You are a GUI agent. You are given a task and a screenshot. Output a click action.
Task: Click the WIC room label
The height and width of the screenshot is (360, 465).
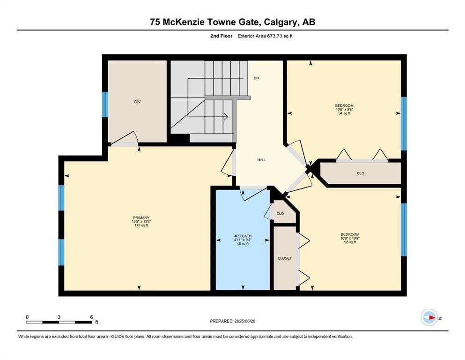tap(137, 102)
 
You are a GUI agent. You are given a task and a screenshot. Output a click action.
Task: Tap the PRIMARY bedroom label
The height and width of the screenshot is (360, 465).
tap(141, 217)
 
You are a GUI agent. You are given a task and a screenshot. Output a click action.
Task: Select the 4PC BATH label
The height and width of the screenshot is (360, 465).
tap(243, 236)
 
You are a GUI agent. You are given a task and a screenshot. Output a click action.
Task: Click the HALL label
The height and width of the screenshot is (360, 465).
tap(262, 160)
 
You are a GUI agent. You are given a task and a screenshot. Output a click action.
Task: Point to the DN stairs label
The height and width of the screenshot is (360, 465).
tap(256, 78)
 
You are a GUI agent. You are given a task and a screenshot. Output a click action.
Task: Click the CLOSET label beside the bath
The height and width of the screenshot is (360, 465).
tap(285, 258)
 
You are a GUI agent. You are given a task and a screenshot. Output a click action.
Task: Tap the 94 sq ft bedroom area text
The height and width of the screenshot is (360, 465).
tap(344, 113)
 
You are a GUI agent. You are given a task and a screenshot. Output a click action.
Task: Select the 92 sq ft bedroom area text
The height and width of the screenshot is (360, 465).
tap(350, 242)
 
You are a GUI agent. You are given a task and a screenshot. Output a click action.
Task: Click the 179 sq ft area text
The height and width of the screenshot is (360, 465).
tap(141, 225)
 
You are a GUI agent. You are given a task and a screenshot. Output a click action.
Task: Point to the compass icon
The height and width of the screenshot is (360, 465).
tap(429, 317)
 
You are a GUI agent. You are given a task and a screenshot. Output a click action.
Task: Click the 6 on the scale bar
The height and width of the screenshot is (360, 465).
tap(92, 317)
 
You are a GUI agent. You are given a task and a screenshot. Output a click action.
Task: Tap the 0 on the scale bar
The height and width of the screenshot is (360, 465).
tap(27, 317)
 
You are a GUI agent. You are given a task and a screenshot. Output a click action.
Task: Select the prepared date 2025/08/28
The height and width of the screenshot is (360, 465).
tap(245, 321)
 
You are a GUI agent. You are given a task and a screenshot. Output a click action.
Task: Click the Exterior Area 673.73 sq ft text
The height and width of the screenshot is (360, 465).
tap(265, 36)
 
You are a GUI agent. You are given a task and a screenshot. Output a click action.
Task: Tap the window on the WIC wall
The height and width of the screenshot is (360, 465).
tap(105, 105)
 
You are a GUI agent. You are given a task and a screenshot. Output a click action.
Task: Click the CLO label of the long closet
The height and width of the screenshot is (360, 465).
tap(361, 173)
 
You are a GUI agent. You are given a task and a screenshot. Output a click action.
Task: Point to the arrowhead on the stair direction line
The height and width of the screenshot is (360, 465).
tap(226, 117)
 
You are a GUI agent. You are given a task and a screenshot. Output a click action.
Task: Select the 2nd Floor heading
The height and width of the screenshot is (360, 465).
tap(221, 36)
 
